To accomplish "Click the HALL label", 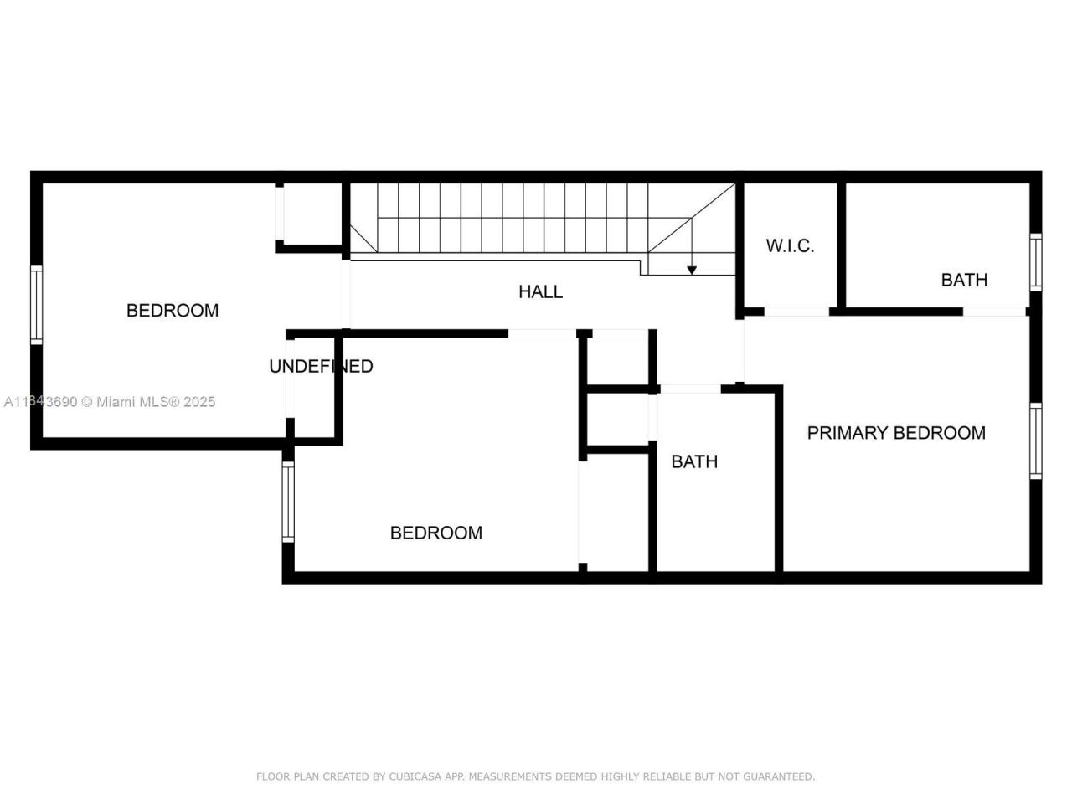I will pos(540,291).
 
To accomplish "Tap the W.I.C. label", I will pos(790,245).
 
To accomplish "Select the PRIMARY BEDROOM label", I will pos(895,433).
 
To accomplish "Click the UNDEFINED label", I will pos(321,366).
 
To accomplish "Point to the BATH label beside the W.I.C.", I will pos(964,280).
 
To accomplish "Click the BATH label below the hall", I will pos(694,461).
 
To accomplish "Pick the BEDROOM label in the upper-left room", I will pos(173,311).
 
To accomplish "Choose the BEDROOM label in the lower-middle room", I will pos(435,533).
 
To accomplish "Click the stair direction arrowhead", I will pos(692,269).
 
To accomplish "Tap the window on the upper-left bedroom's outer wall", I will pos(36,305).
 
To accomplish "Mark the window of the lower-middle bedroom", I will pos(288,502).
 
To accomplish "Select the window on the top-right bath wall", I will pos(1036,262).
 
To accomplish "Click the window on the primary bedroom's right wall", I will pos(1036,441).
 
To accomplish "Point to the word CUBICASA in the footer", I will pos(415,776).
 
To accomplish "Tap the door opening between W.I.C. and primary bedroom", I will pos(796,312).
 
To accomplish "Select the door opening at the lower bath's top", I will pos(690,389).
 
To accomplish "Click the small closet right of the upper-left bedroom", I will pos(311,214).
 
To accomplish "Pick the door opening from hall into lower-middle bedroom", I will pos(542,333).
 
